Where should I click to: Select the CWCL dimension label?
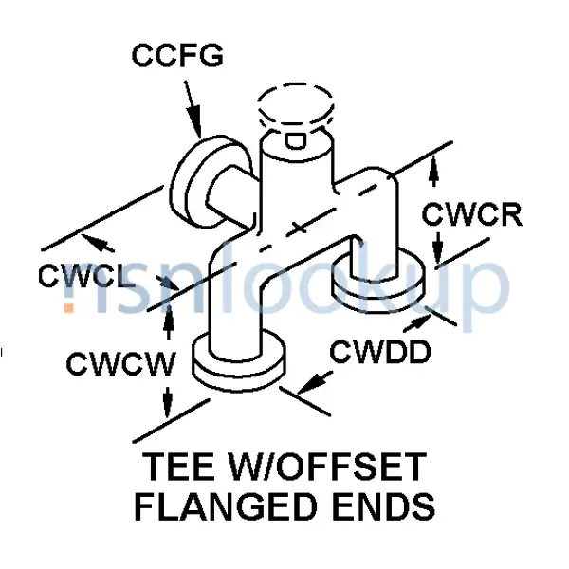[83, 277]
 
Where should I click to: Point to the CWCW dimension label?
[111, 362]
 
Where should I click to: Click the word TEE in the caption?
[180, 469]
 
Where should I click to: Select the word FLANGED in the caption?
[226, 507]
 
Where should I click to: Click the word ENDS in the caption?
[384, 507]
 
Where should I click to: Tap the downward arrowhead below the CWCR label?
[436, 254]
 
